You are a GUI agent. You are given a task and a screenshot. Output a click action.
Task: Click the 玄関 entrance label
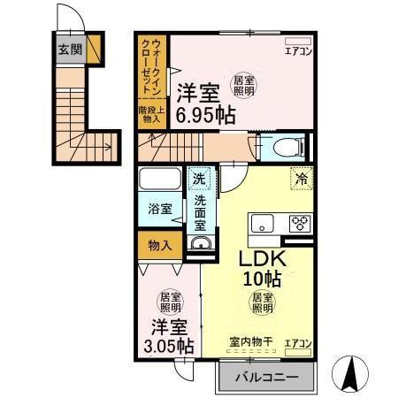click(70, 50)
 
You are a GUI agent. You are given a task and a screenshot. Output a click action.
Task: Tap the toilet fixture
click(287, 146)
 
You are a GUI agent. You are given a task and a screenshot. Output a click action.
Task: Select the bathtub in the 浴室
click(160, 180)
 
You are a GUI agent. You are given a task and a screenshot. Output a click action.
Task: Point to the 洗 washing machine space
click(201, 179)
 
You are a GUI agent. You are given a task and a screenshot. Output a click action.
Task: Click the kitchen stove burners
click(299, 223)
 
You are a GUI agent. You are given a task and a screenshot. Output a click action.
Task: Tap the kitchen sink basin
click(264, 223)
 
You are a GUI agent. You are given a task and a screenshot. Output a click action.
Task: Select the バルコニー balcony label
click(267, 379)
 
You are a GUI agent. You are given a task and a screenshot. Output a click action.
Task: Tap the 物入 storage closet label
click(159, 245)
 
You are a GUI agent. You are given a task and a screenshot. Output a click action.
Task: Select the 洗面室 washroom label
click(202, 214)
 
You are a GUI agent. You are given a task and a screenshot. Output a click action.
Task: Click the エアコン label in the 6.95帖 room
click(296, 51)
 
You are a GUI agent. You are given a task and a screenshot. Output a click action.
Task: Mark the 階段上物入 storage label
click(150, 112)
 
